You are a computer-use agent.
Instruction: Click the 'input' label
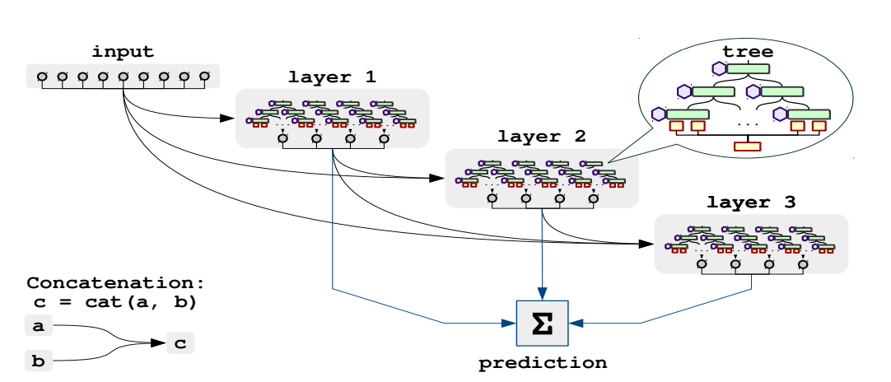click(x=123, y=52)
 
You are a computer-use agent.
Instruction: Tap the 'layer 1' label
click(x=332, y=78)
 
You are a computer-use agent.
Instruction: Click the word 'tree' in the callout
click(x=747, y=53)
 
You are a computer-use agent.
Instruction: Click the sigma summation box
click(x=542, y=323)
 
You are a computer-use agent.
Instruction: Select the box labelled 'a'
click(x=38, y=325)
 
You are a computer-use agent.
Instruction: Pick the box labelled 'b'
click(x=38, y=360)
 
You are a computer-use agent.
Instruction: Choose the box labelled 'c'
click(x=180, y=342)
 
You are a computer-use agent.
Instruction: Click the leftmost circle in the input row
click(x=41, y=77)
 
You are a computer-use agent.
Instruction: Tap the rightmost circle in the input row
click(x=204, y=77)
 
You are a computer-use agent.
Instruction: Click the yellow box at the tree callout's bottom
click(x=747, y=147)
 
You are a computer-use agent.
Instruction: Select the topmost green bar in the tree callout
click(x=748, y=68)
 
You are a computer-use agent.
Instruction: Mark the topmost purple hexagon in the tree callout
click(x=718, y=69)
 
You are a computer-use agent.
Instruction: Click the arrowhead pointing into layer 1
click(x=229, y=119)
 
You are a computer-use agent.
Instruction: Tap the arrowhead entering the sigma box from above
click(x=542, y=295)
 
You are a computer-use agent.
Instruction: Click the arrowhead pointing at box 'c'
click(x=159, y=342)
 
